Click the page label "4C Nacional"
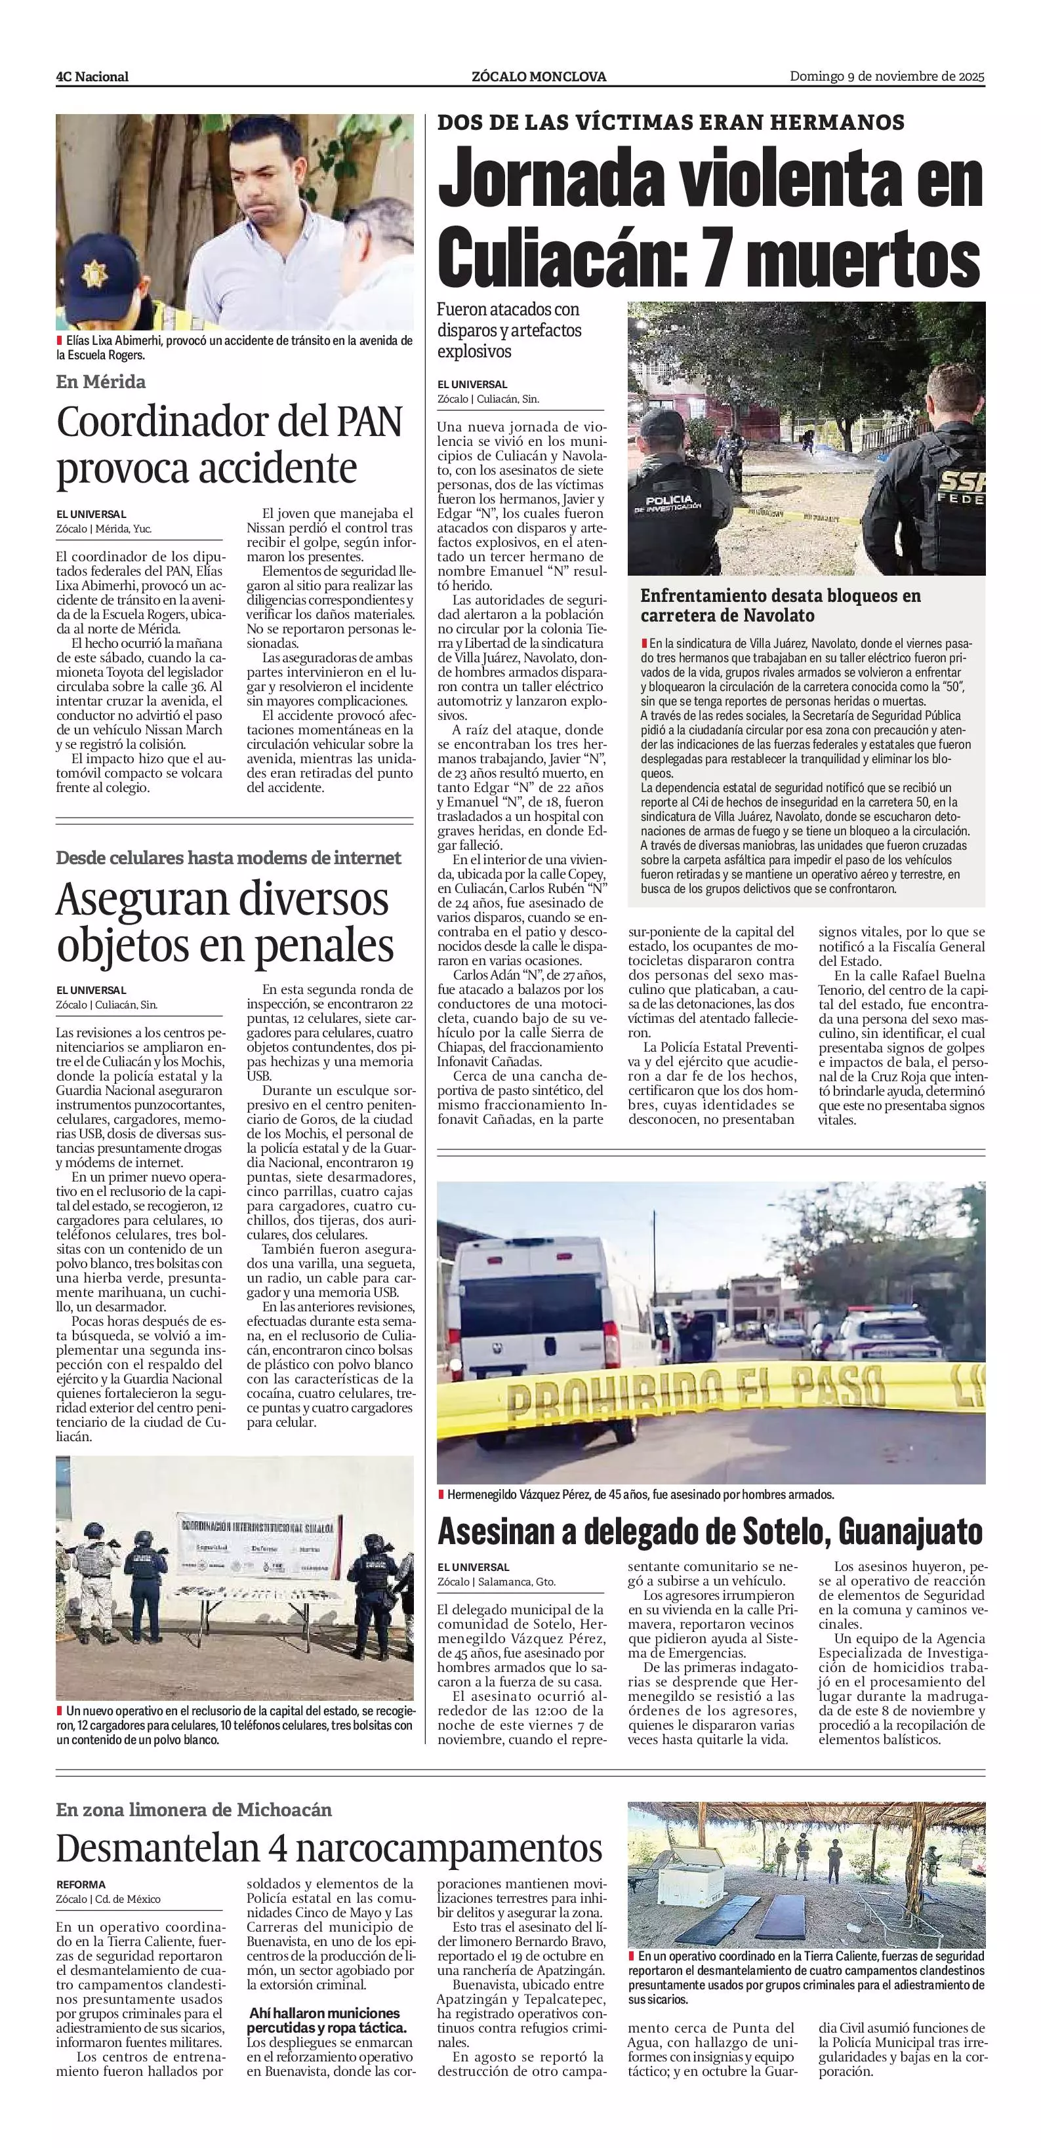92,77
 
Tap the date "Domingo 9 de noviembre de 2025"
887,77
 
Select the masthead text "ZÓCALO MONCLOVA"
538,77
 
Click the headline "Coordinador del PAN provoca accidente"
230,445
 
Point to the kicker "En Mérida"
101,382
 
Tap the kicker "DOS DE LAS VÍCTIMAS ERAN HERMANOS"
670,123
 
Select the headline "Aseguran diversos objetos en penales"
224,923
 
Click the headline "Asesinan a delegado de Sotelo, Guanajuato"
710,1531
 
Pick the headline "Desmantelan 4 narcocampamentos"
329,1848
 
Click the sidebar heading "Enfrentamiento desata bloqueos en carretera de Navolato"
780,605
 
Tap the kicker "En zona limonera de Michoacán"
194,1810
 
